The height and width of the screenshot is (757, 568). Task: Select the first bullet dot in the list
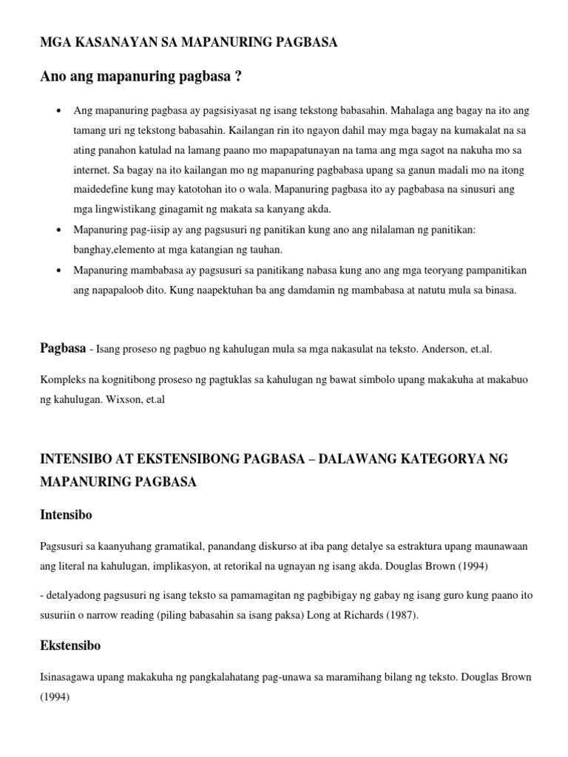[58, 111]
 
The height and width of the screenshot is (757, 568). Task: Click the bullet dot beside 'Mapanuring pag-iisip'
[58, 231]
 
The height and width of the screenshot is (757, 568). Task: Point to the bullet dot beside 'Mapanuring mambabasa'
[58, 271]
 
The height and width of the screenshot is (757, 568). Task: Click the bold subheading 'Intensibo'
[66, 514]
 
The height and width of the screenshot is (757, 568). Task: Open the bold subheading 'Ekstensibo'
[70, 645]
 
